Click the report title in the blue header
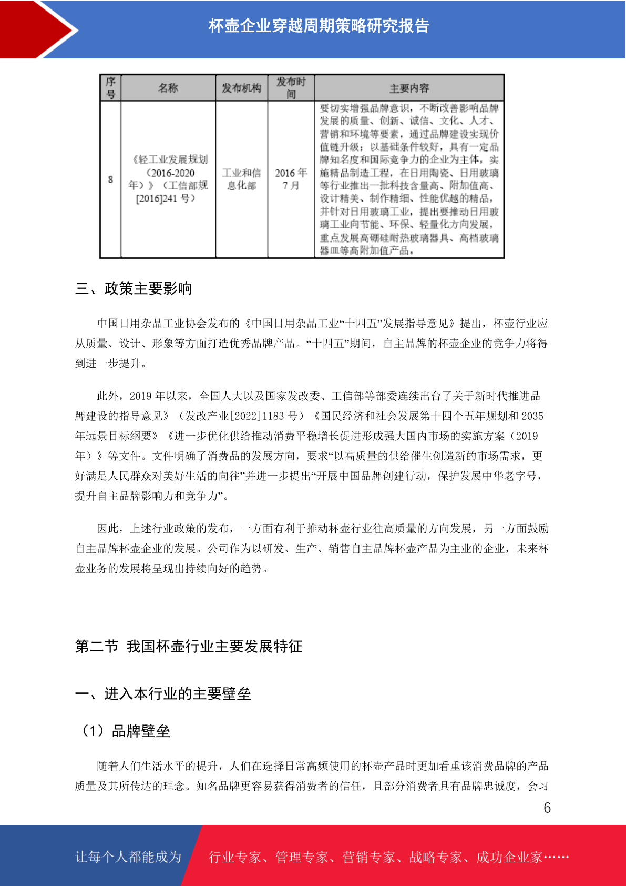point(319,26)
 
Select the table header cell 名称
point(168,88)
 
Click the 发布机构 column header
point(241,88)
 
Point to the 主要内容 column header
point(409,88)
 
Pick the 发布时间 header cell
point(291,88)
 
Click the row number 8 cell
point(110,179)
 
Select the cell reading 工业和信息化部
point(241,179)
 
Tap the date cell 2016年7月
point(291,179)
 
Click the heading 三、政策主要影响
point(134,288)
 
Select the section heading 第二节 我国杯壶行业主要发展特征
point(189,646)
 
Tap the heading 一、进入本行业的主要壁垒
point(163,693)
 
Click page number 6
point(547,808)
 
